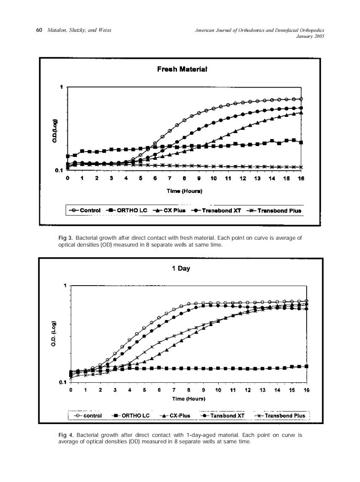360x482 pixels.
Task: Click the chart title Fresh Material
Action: click(x=182, y=69)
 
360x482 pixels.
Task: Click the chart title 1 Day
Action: click(x=181, y=268)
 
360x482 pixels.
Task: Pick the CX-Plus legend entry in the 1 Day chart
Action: click(x=177, y=415)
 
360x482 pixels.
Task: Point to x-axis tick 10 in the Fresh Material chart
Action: click(x=214, y=178)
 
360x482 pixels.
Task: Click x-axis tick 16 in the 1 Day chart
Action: click(x=306, y=390)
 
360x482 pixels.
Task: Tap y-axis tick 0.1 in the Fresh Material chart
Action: click(x=59, y=171)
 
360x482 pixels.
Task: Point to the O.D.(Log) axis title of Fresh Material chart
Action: click(x=55, y=130)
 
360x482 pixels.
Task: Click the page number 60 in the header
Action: click(x=39, y=31)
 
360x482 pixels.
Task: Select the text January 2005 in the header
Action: click(x=310, y=37)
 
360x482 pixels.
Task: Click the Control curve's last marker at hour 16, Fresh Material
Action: click(x=301, y=99)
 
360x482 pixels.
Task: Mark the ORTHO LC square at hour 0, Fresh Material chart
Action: click(x=68, y=156)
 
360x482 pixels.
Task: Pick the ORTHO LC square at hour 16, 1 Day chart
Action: click(x=306, y=366)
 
